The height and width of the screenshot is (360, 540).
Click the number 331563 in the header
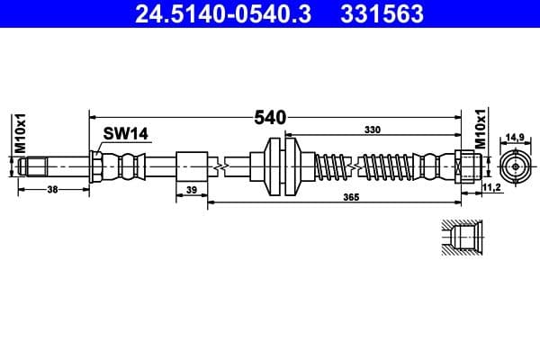[381, 14]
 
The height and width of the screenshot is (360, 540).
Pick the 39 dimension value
[191, 190]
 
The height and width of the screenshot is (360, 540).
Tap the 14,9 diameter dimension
[515, 138]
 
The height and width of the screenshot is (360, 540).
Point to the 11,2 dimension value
[491, 186]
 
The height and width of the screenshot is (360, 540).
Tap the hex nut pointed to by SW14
[96, 166]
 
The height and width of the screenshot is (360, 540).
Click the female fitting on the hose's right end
[466, 166]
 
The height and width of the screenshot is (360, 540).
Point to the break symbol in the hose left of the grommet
[219, 166]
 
